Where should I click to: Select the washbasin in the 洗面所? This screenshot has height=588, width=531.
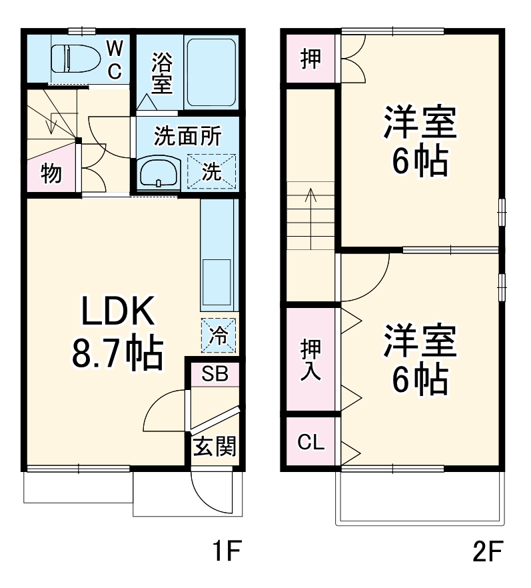159,172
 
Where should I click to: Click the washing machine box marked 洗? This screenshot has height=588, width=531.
212,171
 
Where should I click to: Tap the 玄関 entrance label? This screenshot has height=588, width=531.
215,446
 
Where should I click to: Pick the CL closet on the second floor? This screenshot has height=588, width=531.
311,443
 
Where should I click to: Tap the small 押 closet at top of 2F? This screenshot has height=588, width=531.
310,59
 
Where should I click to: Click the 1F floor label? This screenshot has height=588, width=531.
225,553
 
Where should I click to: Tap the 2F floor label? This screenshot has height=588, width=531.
486,553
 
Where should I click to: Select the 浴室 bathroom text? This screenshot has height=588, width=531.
161,73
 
